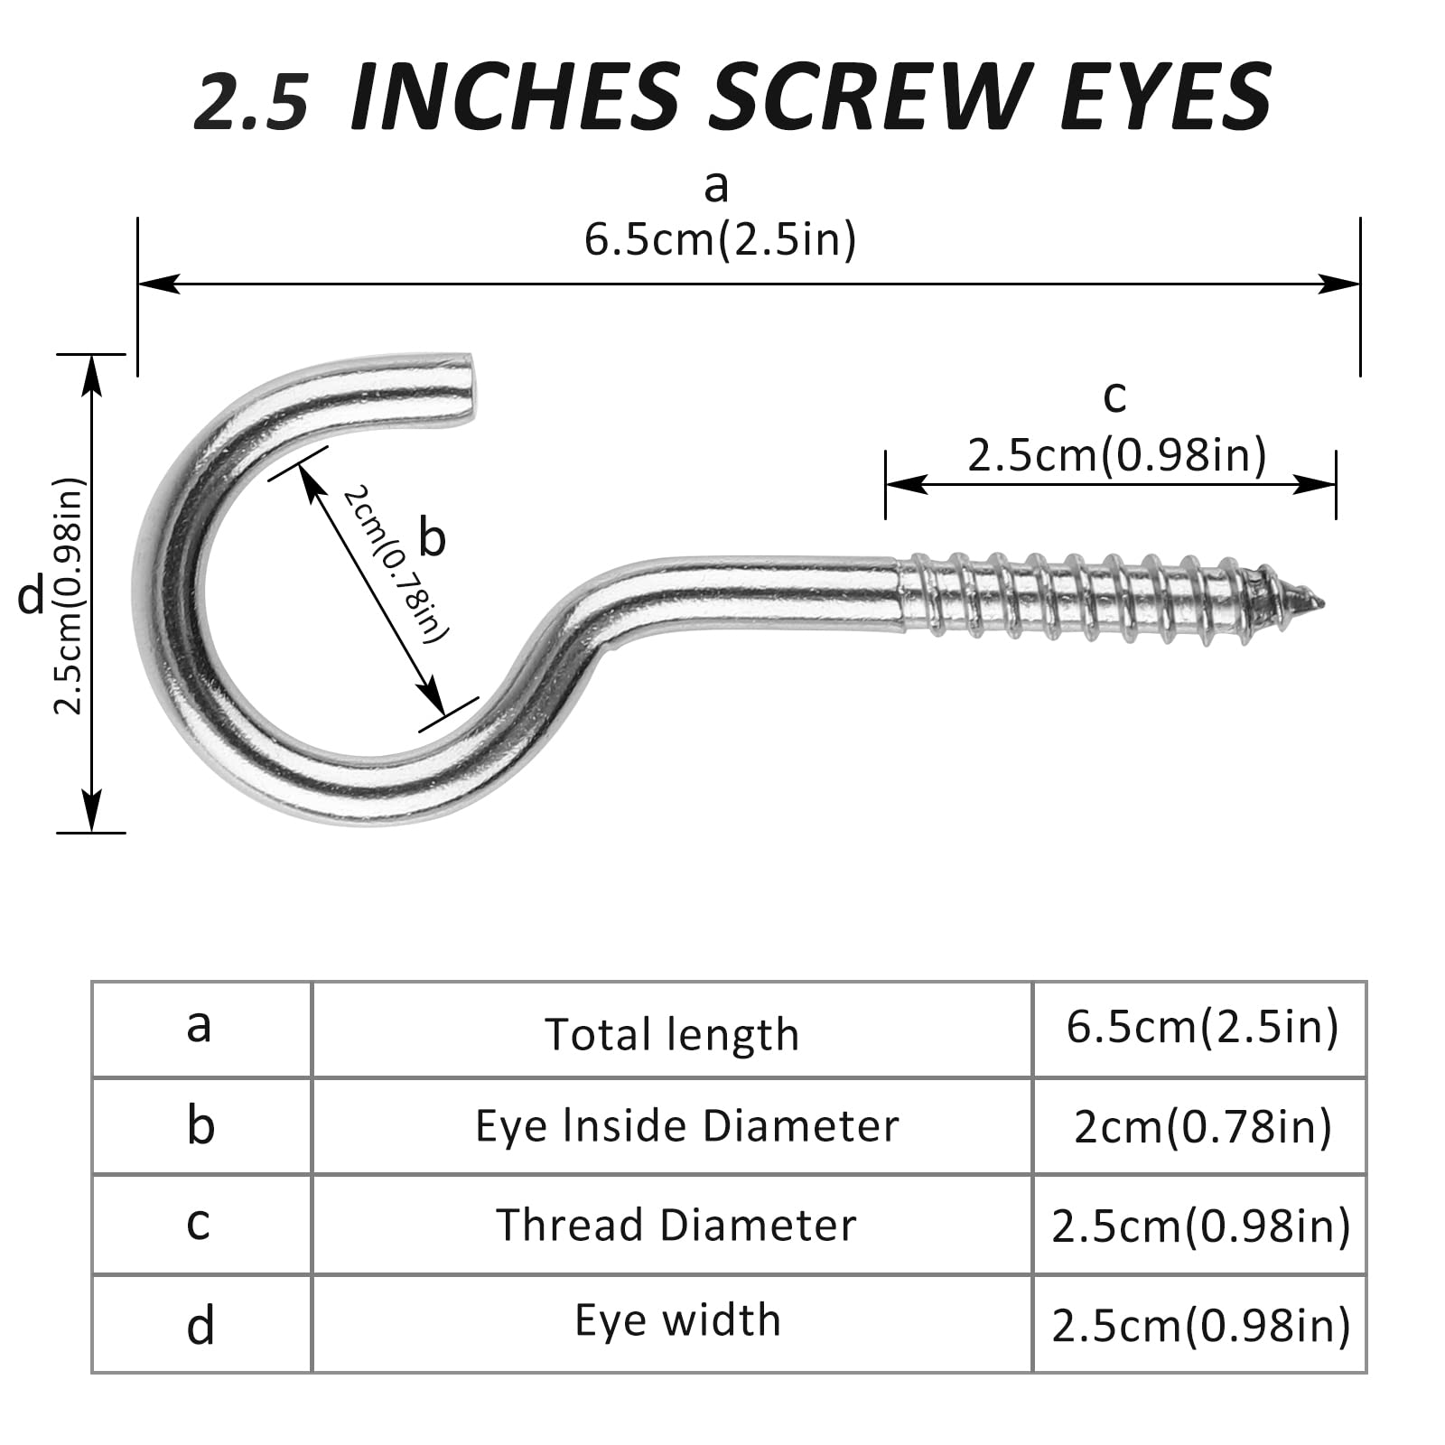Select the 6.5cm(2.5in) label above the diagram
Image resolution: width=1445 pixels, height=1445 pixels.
[x=720, y=240]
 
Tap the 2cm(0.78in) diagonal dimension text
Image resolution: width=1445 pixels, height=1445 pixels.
[x=395, y=564]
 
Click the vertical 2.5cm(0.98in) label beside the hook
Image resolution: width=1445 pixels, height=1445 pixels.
[x=69, y=595]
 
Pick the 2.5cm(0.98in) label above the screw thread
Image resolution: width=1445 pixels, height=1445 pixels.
[x=1116, y=454]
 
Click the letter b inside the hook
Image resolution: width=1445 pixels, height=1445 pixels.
[x=433, y=538]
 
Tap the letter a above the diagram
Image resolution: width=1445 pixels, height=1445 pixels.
[x=716, y=187]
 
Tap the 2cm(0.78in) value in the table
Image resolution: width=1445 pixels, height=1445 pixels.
[x=1202, y=1126]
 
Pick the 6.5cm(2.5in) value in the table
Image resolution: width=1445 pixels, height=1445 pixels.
[x=1202, y=1028]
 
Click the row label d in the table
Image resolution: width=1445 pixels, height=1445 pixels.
[x=200, y=1327]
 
